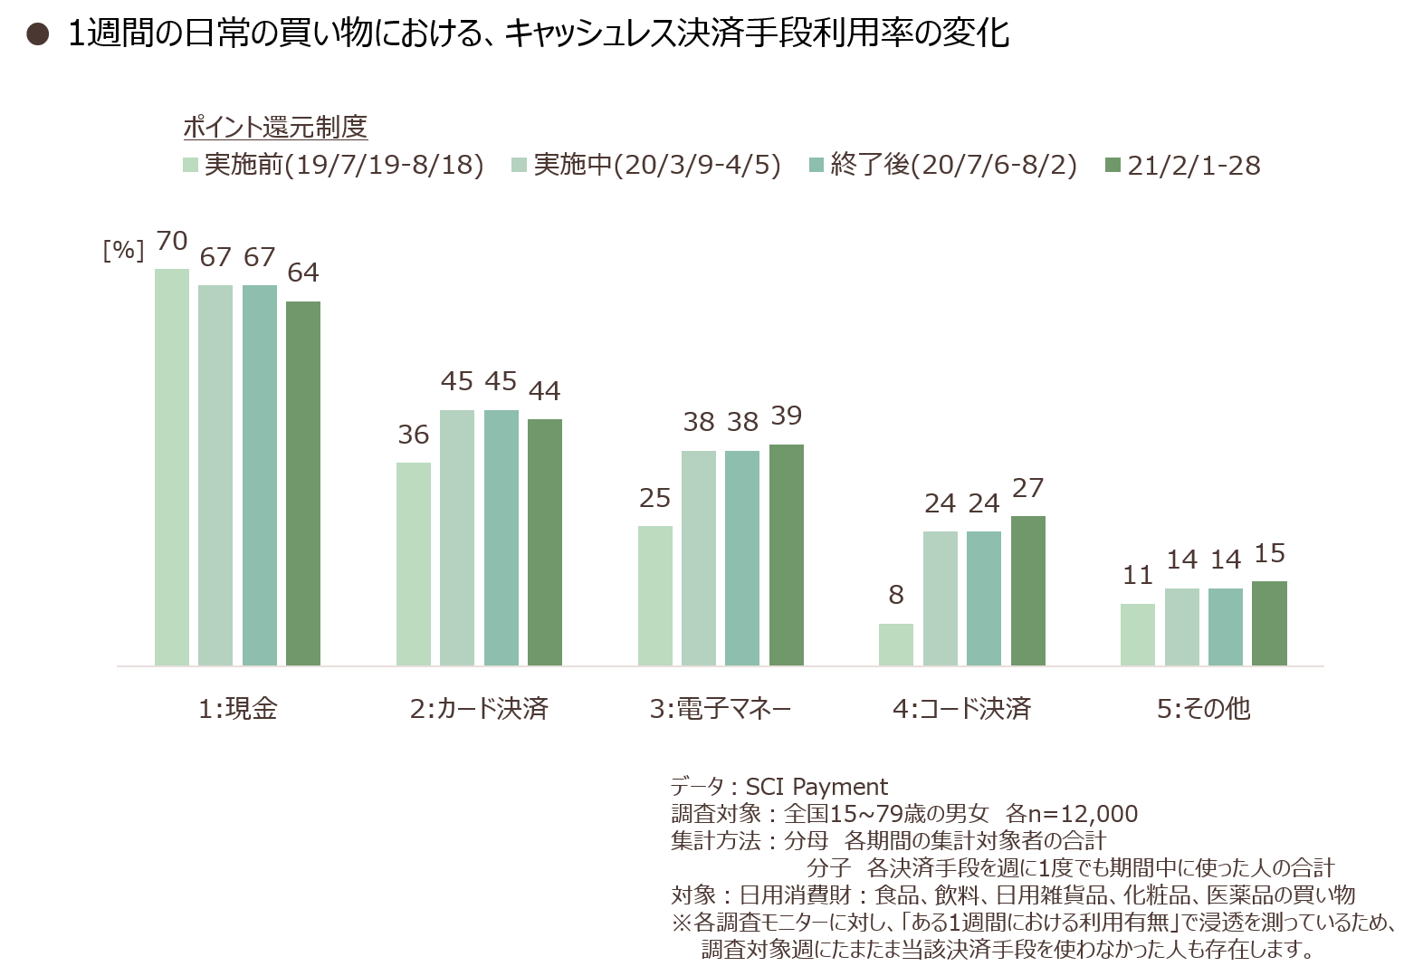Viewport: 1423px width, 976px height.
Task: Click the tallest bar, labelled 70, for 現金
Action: [171, 467]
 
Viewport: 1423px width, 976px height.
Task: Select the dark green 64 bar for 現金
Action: [303, 483]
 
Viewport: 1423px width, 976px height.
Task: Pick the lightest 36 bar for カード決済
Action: [414, 564]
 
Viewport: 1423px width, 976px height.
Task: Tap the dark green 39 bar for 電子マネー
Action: [787, 555]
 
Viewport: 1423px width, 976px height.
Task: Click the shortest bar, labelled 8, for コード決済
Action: [896, 645]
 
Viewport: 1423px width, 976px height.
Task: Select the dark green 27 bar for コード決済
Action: [1027, 591]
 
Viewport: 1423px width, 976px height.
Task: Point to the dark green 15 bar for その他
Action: [1269, 623]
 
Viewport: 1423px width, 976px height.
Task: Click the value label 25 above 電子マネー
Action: [655, 498]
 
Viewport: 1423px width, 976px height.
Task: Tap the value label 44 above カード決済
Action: [544, 391]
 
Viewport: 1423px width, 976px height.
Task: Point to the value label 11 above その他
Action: [1138, 576]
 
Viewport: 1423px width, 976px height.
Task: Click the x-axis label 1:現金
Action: [238, 709]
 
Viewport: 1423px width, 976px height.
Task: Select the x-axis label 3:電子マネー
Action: [721, 709]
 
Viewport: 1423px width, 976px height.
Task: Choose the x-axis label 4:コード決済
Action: [962, 709]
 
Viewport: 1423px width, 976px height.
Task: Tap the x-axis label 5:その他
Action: [1203, 709]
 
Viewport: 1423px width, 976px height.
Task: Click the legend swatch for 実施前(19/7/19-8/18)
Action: [191, 165]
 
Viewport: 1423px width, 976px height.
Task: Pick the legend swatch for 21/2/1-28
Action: [1113, 165]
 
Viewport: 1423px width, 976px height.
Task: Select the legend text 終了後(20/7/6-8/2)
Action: [953, 165]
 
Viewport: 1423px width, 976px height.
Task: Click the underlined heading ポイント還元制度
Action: [275, 127]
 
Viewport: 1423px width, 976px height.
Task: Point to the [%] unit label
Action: [123, 251]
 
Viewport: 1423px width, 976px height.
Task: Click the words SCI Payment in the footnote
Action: [817, 787]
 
